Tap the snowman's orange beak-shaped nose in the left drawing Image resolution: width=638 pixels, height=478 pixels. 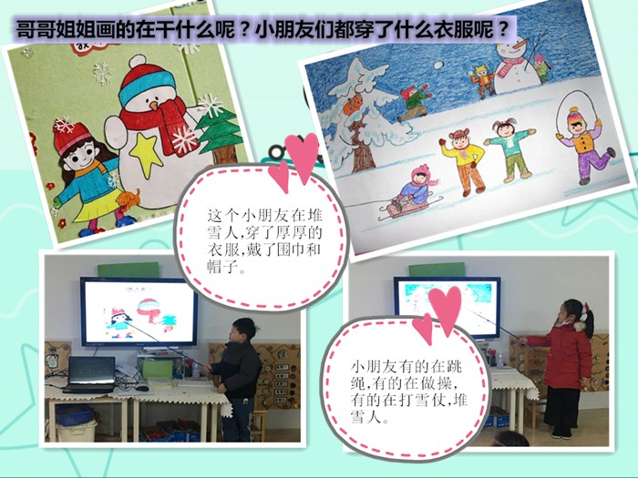point(154,106)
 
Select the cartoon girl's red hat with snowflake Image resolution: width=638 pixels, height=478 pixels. point(71,137)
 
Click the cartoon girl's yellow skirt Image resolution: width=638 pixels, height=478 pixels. point(99,208)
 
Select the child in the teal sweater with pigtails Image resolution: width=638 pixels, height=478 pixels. point(509,149)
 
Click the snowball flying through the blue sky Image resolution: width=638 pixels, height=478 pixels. point(438,66)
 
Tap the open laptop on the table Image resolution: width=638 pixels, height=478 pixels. point(90,374)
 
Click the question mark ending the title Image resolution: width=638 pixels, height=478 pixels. point(504,28)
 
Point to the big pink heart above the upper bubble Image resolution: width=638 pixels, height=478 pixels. point(302,157)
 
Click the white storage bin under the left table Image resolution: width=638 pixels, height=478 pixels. point(77,431)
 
